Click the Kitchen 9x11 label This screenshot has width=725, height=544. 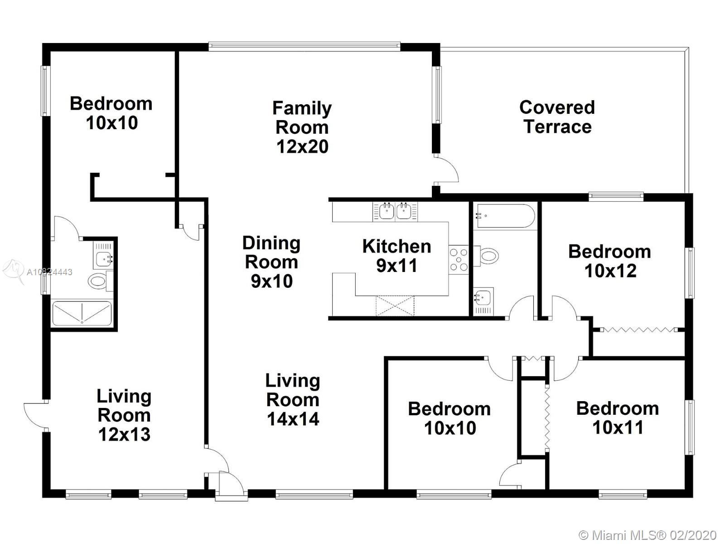pyautogui.click(x=396, y=256)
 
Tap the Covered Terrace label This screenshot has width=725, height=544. pyautogui.click(x=557, y=117)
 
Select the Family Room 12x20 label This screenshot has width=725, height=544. pyautogui.click(x=302, y=127)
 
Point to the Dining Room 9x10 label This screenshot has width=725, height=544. pyautogui.click(x=271, y=262)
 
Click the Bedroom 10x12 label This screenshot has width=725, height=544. pyautogui.click(x=610, y=261)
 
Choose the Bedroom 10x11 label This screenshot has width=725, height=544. pyautogui.click(x=617, y=418)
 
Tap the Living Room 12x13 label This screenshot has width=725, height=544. pyautogui.click(x=124, y=415)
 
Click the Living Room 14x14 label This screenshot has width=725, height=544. pyautogui.click(x=293, y=400)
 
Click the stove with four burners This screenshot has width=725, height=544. pyautogui.click(x=459, y=260)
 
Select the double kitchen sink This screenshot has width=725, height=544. pyautogui.click(x=395, y=211)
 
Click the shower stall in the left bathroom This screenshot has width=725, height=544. pyautogui.click(x=82, y=313)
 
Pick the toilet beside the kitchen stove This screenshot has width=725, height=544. pyautogui.click(x=486, y=256)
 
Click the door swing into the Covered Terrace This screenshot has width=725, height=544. pyautogui.click(x=446, y=170)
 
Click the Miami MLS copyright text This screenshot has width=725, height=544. pyautogui.click(x=648, y=535)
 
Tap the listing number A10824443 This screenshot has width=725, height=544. pyautogui.click(x=49, y=272)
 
